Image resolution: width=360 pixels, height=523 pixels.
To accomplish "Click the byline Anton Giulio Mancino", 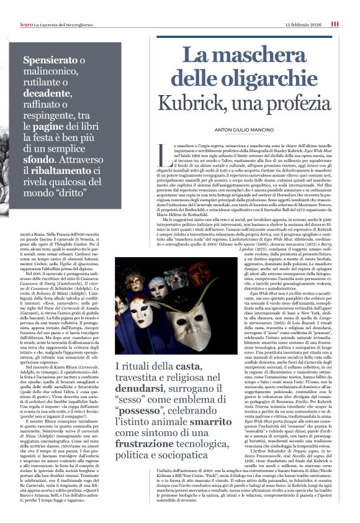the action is coord(239,129).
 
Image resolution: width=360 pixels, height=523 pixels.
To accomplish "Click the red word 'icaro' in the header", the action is coord(27,24).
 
